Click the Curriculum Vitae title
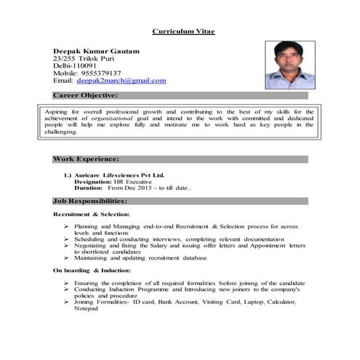(x=183, y=31)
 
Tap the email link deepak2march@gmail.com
(x=121, y=81)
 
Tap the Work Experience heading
(x=86, y=158)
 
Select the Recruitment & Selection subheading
(x=92, y=215)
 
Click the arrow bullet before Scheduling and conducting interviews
(x=65, y=239)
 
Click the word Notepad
(x=86, y=308)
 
